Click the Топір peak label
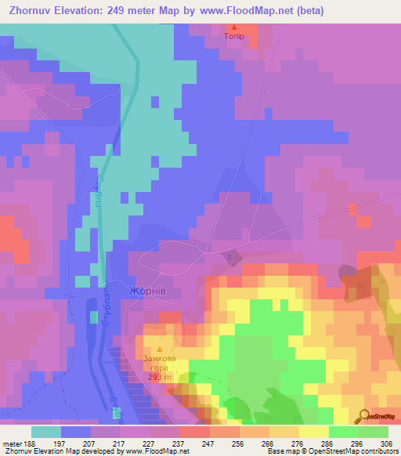[234, 36]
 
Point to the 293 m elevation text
[161, 377]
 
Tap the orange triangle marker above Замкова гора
[161, 349]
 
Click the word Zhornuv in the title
[36, 12]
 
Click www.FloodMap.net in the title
[245, 12]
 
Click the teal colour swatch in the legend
[46, 432]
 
